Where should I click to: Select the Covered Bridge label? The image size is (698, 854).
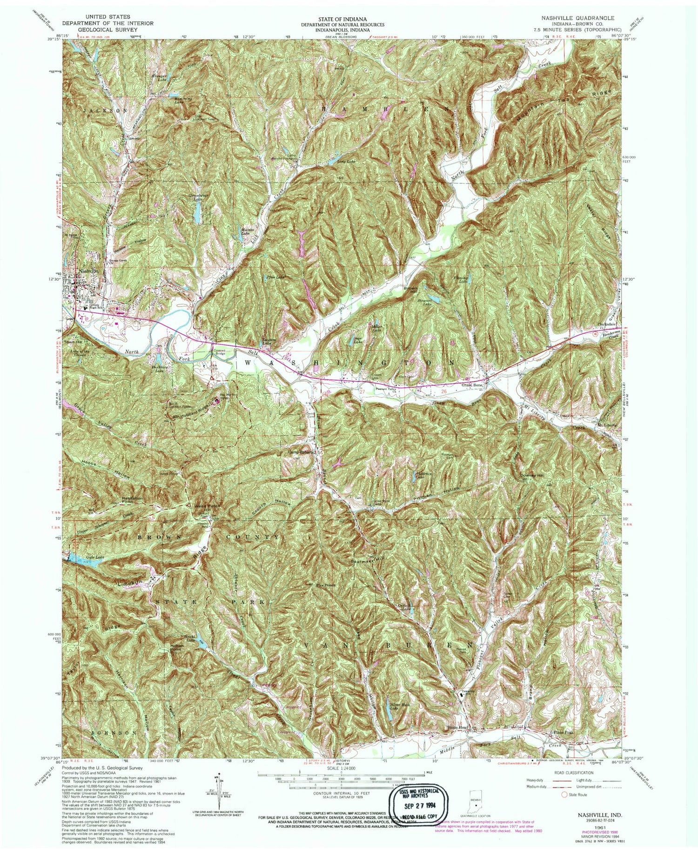[x=219, y=353]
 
